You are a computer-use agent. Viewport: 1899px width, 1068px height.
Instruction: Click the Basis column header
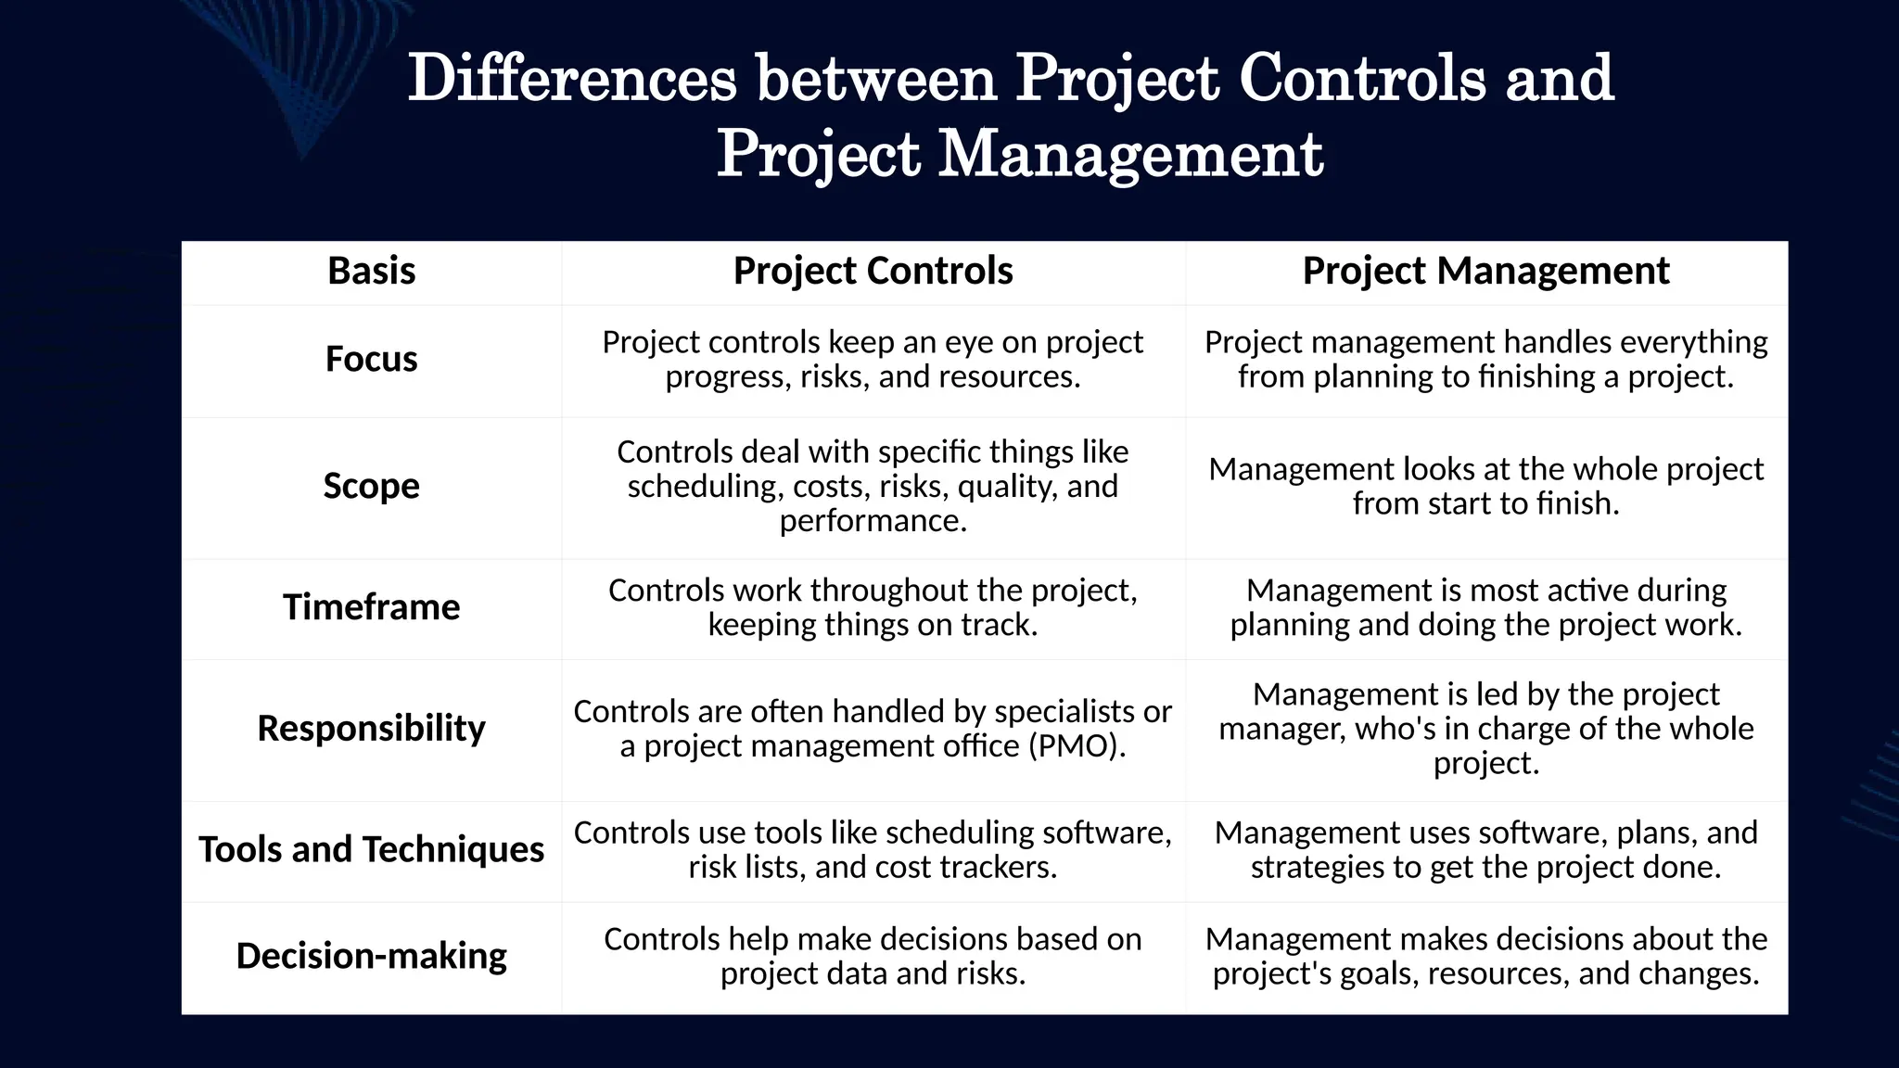click(371, 271)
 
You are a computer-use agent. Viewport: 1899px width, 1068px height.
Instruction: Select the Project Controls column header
click(873, 271)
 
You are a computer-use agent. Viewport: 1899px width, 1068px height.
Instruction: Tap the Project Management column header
click(1485, 271)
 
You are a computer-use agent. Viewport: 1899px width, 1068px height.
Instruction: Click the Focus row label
click(371, 359)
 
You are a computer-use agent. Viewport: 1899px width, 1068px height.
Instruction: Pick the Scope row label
click(371, 486)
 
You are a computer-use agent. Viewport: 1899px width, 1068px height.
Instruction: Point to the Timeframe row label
click(371, 607)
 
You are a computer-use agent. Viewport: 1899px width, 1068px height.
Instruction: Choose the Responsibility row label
click(371, 729)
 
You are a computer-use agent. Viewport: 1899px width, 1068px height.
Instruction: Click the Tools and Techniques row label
click(371, 849)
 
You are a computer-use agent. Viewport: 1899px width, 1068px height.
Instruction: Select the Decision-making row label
click(371, 956)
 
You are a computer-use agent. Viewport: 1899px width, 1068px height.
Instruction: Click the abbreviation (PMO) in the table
click(1077, 746)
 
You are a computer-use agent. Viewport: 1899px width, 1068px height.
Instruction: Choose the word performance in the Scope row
click(873, 521)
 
